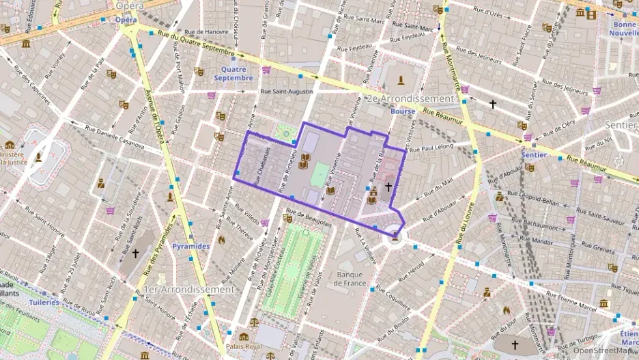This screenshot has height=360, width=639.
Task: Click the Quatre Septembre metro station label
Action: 233,73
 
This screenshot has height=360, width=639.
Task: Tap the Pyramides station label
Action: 190,245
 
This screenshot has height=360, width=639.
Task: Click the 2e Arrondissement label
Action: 410,98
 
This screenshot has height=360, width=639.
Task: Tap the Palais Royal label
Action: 244,346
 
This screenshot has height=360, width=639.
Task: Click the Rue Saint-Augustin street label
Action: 286,91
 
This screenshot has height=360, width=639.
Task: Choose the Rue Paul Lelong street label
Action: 432,146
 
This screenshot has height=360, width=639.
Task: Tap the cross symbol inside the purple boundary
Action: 388,186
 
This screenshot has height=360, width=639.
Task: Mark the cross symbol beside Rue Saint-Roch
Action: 135,253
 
